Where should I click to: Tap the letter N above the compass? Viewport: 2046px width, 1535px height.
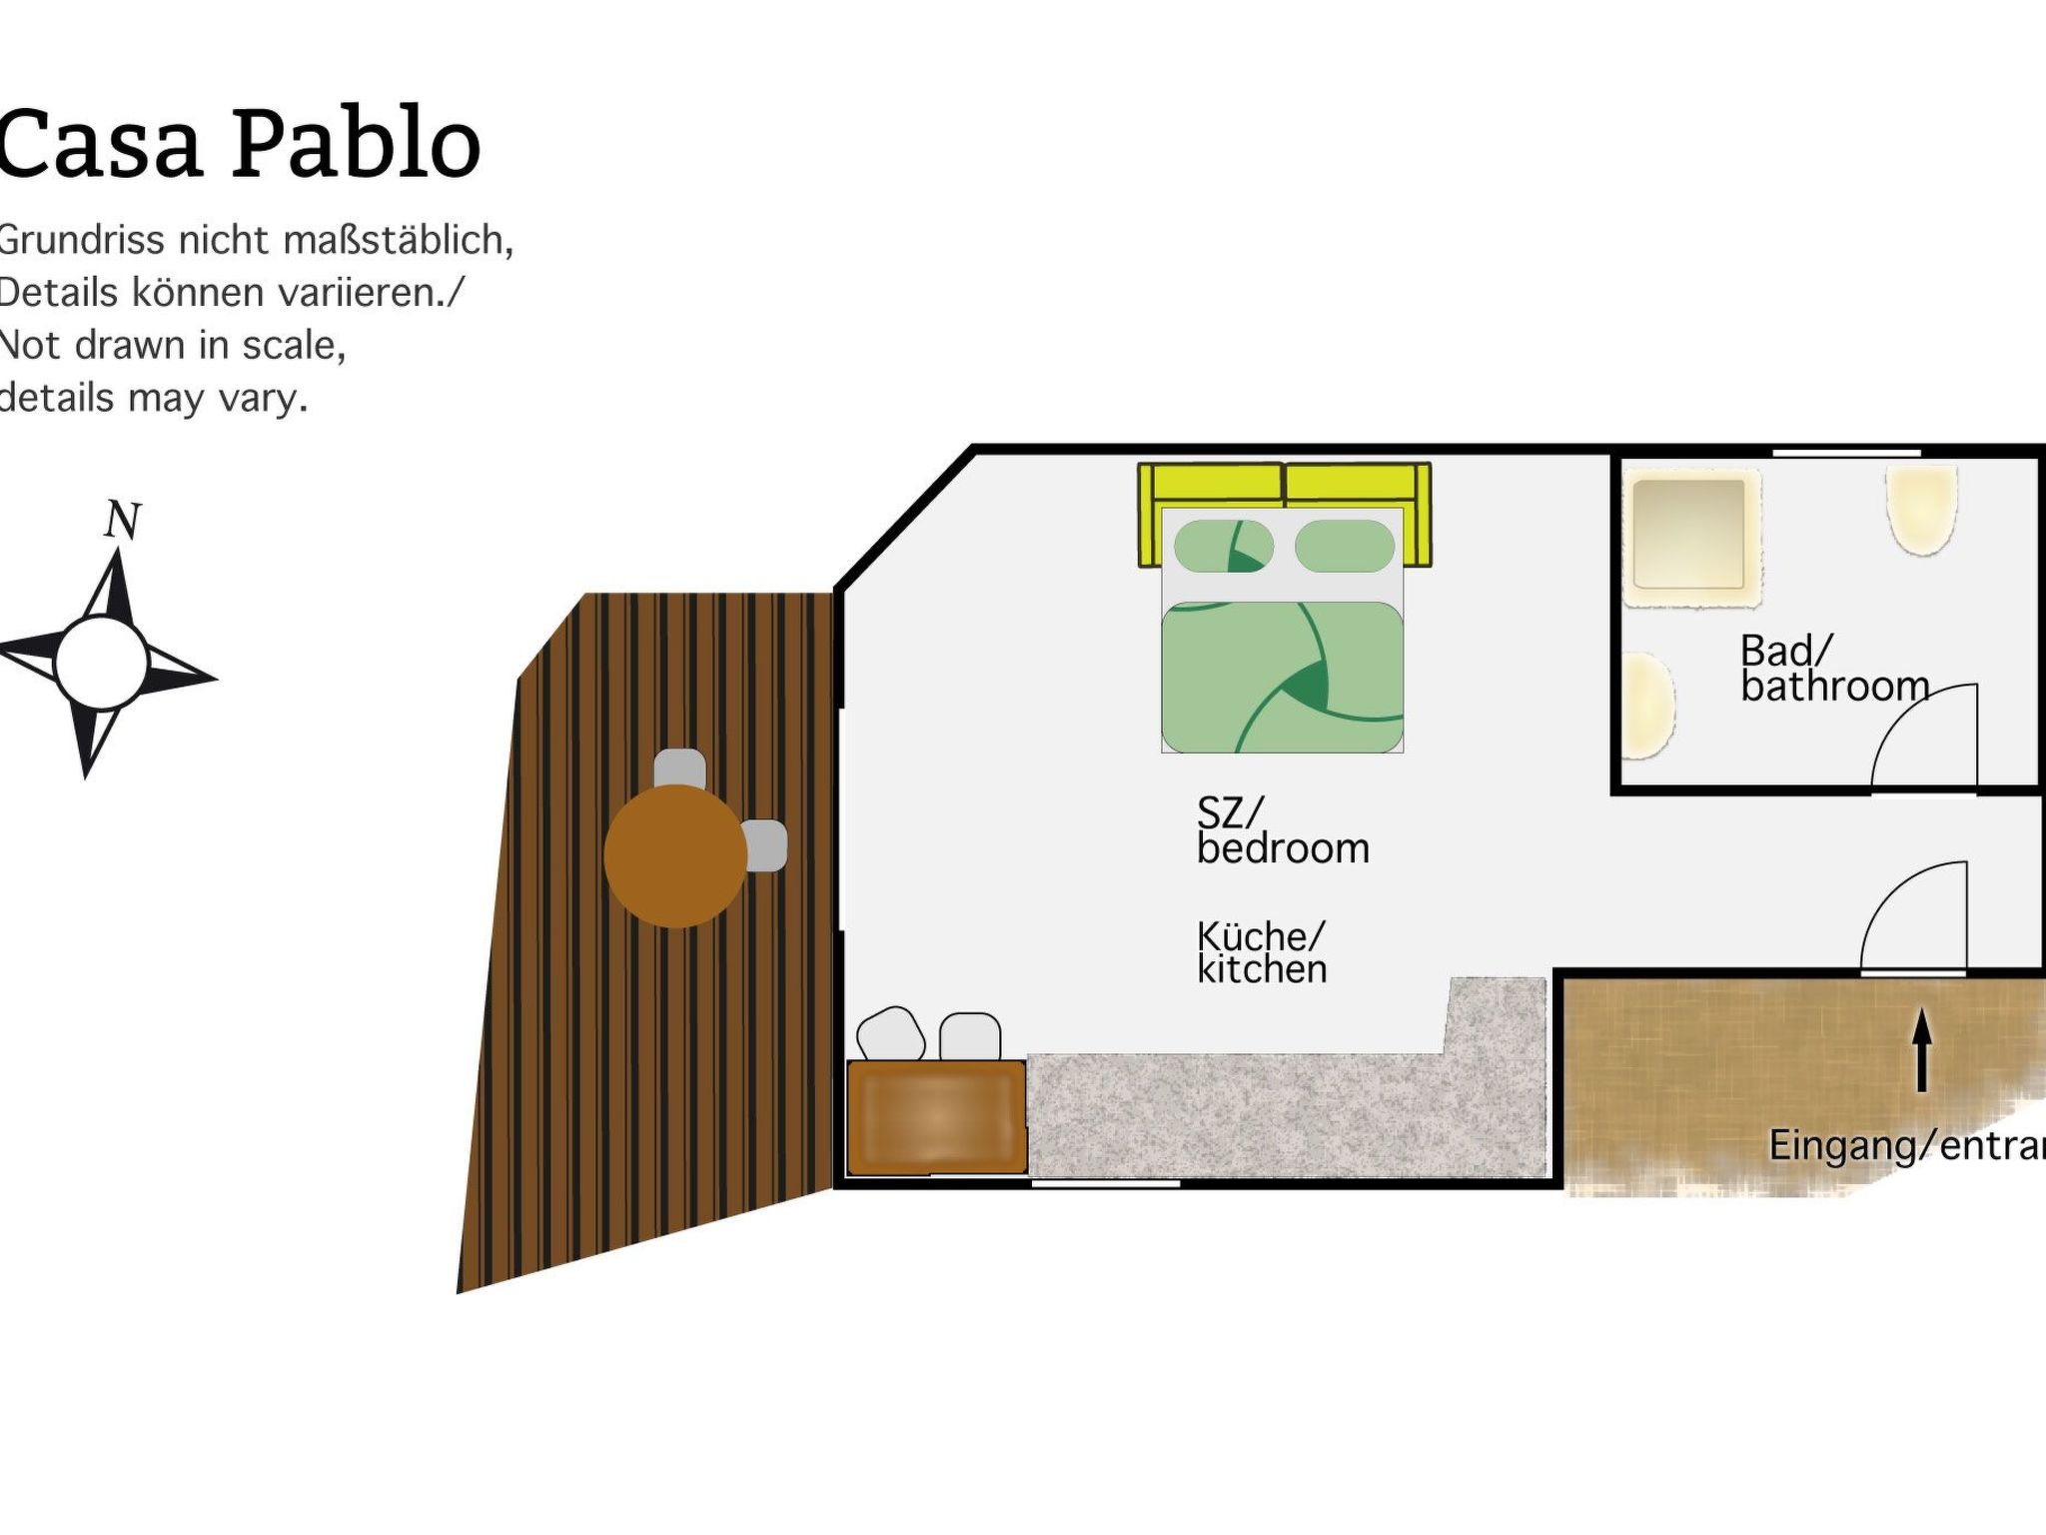123,520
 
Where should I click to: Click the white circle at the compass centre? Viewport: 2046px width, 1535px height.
101,664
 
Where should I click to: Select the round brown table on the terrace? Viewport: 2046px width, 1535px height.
675,856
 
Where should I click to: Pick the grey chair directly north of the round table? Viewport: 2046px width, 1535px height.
679,767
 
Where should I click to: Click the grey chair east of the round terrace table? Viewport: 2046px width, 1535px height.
766,845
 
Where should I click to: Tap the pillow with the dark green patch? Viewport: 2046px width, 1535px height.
1223,546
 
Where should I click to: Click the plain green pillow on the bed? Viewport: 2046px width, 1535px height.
1344,546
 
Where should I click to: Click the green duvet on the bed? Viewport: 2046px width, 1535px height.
1282,678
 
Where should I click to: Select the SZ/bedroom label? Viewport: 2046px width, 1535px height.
1283,830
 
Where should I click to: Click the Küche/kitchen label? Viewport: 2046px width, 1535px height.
1262,952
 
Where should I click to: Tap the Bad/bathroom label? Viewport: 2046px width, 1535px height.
1833,669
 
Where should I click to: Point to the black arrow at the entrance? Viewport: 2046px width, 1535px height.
1921,1049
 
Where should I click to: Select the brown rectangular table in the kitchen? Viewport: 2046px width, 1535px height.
936,1116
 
